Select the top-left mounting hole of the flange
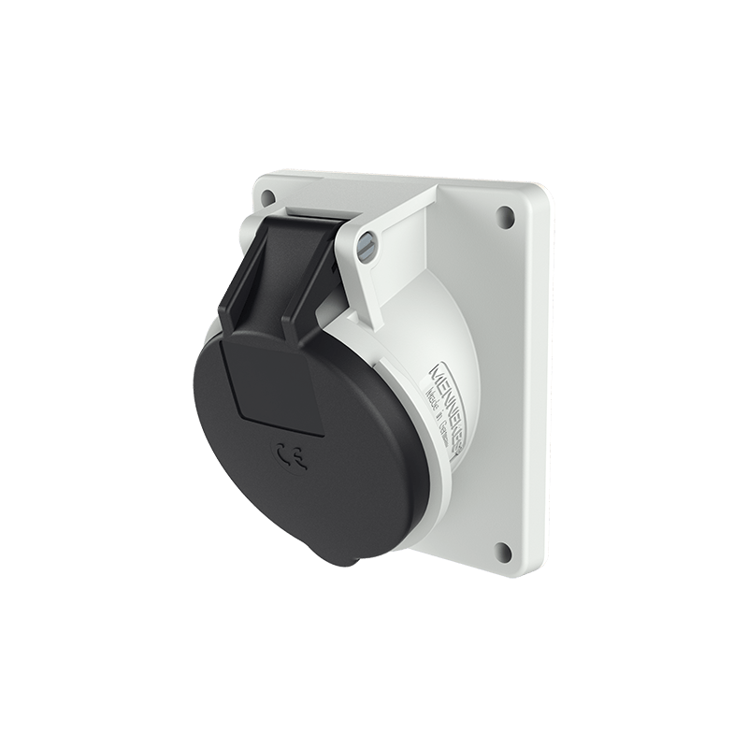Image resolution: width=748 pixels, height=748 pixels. pos(268,198)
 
